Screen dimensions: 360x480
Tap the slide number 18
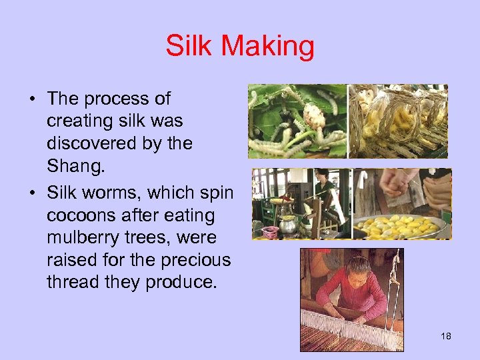point(446,336)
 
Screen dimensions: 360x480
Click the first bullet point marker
point(32,101)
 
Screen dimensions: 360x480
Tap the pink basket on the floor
point(270,231)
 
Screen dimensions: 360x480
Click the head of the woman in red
point(358,267)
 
